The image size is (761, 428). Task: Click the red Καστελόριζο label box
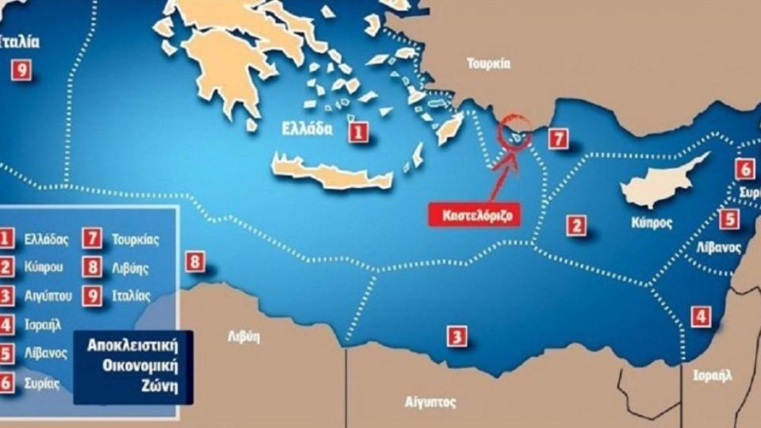coord(474,215)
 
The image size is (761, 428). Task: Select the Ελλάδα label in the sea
coord(306,131)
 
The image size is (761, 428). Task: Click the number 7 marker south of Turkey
coord(559,139)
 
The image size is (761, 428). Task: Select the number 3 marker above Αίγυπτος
coord(456,336)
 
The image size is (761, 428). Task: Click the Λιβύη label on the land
coord(244,335)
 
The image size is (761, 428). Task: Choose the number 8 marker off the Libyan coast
coord(194,261)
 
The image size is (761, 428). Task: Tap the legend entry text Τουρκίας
coord(132,238)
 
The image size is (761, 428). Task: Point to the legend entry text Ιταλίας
coord(130,296)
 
